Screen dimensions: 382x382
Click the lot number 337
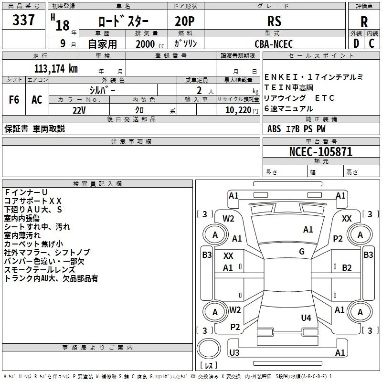point(23,20)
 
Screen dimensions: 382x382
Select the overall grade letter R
point(364,22)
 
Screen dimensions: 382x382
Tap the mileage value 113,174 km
point(56,69)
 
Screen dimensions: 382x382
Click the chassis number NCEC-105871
point(321,152)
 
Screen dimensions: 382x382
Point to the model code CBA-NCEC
point(274,44)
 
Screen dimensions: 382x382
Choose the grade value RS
point(274,21)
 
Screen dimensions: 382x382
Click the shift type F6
point(14,100)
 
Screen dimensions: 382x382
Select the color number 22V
point(79,110)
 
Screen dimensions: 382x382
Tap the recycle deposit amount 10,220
point(238,110)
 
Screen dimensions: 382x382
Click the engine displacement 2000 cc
point(150,44)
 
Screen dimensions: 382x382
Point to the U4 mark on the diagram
point(306,318)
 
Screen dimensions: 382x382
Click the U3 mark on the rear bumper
point(234,352)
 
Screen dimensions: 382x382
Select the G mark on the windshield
point(302,252)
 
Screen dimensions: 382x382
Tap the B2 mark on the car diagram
point(347,268)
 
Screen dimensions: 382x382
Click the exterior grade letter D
point(356,43)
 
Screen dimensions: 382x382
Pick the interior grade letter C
point(371,43)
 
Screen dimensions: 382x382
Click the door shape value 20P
point(185,21)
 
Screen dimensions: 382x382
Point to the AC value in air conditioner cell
point(37,100)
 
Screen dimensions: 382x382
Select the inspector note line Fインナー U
point(26,192)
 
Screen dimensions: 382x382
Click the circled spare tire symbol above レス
point(209,348)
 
